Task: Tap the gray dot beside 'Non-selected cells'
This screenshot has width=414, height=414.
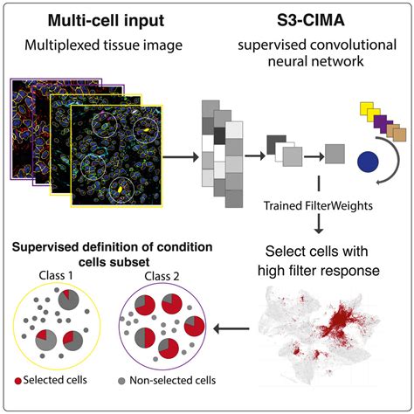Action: click(x=121, y=381)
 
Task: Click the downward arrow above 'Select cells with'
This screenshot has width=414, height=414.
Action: click(x=318, y=224)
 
